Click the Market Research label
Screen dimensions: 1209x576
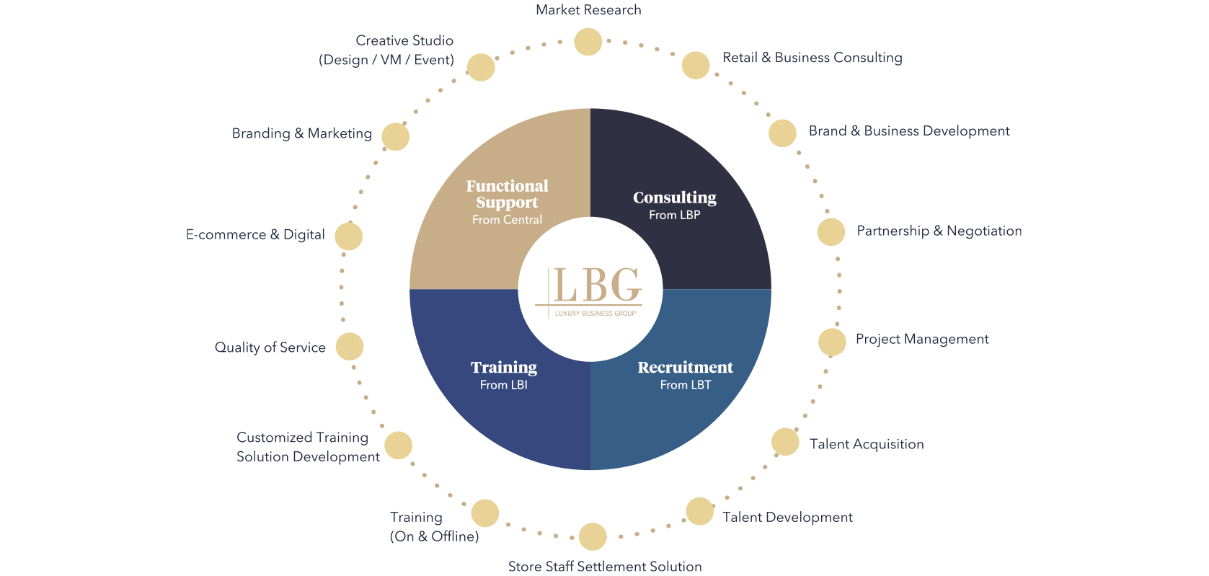(x=588, y=9)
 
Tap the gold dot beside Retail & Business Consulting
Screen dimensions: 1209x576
(x=696, y=66)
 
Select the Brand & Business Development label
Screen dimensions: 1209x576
(x=909, y=130)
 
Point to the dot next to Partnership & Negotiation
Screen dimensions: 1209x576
(x=831, y=232)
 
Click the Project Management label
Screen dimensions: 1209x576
(x=922, y=339)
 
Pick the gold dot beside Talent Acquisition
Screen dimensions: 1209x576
(x=785, y=442)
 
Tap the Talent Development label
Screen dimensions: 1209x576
(x=787, y=517)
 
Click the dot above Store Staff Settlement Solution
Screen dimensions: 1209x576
(x=593, y=536)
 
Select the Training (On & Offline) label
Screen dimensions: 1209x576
(x=435, y=526)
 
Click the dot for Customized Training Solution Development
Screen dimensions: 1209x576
(x=399, y=446)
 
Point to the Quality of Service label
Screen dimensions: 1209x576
(x=270, y=347)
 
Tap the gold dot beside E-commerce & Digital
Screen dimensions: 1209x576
(x=349, y=236)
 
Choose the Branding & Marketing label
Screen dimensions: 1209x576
(x=302, y=133)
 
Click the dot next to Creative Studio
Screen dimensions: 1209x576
(x=481, y=68)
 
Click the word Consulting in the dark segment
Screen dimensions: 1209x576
(x=675, y=198)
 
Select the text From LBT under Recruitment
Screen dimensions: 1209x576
(x=686, y=385)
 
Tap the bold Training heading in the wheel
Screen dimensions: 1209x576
(x=504, y=368)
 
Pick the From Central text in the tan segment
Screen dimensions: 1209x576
(x=507, y=220)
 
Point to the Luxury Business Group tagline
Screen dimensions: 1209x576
(x=595, y=313)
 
